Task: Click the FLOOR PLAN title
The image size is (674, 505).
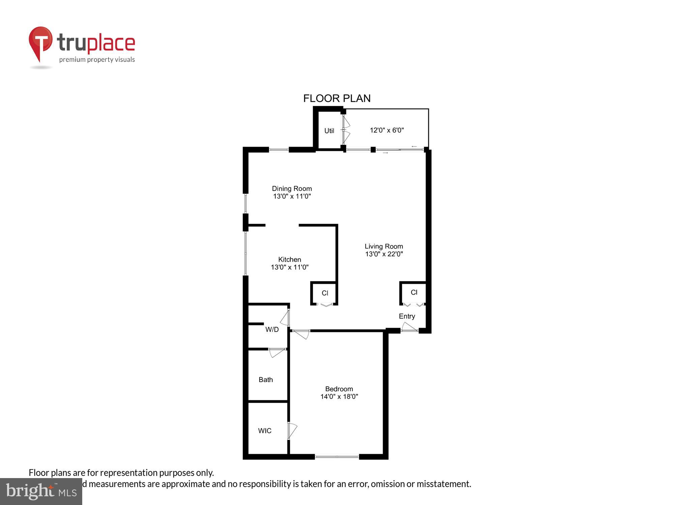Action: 337,98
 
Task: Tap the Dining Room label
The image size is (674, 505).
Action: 292,189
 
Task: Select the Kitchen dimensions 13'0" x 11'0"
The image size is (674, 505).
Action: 290,267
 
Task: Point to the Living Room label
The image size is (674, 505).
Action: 384,246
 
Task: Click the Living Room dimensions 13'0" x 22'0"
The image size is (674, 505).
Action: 384,254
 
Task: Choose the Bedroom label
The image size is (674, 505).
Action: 339,389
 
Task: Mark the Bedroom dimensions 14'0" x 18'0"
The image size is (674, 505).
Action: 339,397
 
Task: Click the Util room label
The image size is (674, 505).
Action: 329,131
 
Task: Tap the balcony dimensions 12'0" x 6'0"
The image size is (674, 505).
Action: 387,130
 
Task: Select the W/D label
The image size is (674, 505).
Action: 272,330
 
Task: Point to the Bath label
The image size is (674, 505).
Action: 266,380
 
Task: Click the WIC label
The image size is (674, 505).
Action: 265,431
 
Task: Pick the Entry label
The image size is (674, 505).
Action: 407,316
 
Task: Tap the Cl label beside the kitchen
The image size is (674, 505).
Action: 325,293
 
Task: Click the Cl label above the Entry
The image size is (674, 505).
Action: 414,293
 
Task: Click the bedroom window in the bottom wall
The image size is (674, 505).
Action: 337,457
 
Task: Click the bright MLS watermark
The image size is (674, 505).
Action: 41,492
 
